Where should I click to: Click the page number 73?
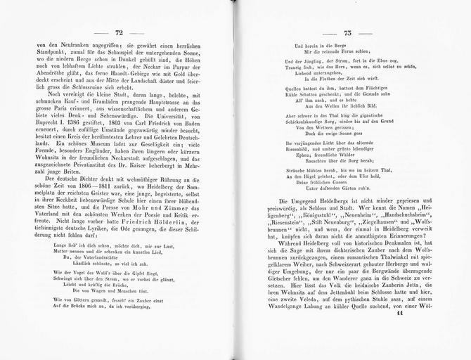[x=347, y=32]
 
